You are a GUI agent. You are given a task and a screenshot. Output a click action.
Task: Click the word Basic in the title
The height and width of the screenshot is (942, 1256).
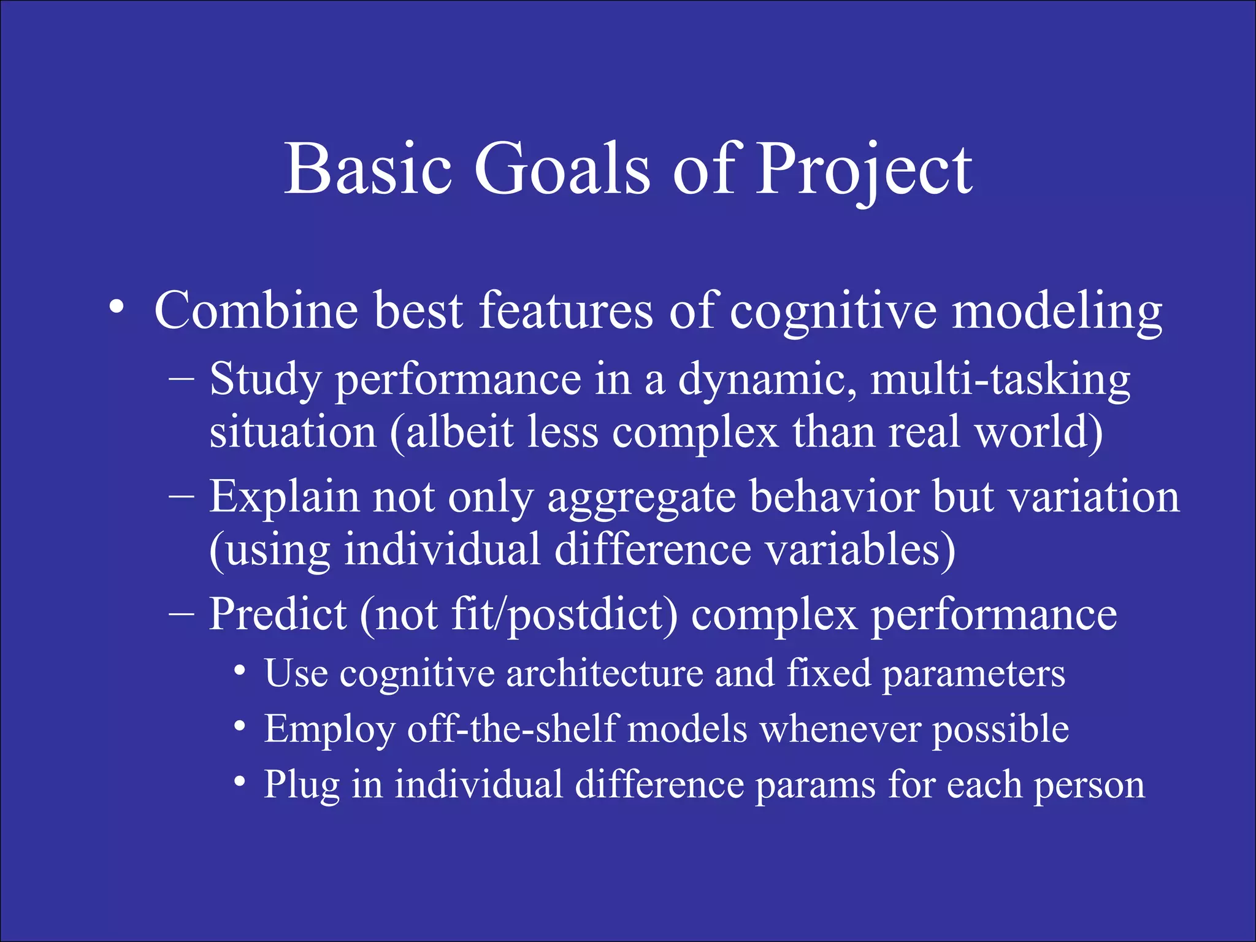(x=368, y=169)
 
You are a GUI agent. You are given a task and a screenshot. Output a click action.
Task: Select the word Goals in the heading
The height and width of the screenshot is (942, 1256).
(x=561, y=169)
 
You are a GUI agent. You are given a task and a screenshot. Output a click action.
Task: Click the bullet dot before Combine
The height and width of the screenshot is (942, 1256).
(x=117, y=307)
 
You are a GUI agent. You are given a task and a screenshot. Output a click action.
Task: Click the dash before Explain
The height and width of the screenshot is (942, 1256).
(x=181, y=497)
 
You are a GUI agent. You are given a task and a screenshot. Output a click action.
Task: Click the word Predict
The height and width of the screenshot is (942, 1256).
(x=278, y=615)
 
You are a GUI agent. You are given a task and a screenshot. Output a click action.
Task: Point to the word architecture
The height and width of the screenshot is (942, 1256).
(x=604, y=673)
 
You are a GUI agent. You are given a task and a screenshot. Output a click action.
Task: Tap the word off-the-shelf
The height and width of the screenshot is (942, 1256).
(x=512, y=729)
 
